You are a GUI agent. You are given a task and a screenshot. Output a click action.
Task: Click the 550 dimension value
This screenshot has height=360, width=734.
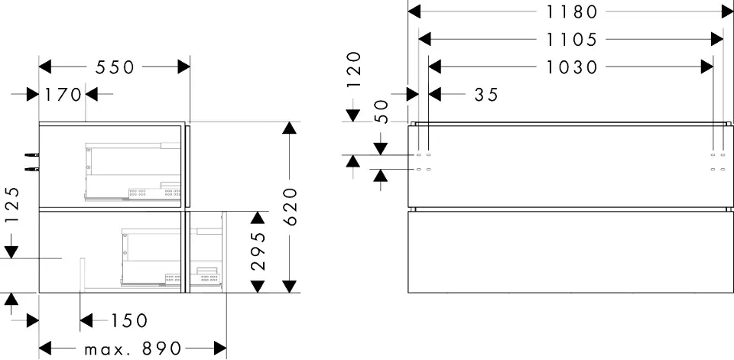pyautogui.click(x=115, y=67)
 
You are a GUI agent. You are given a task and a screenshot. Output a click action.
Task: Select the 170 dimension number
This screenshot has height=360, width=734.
pyautogui.click(x=63, y=95)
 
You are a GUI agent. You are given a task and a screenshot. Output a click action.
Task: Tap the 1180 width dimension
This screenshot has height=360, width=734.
pyautogui.click(x=567, y=11)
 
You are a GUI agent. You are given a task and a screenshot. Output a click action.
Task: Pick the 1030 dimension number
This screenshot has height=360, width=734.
pyautogui.click(x=572, y=67)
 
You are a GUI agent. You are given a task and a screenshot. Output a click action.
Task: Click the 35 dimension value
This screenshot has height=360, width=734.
pyautogui.click(x=486, y=95)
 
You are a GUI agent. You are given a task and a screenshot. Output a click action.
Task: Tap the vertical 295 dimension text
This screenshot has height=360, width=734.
pyautogui.click(x=258, y=251)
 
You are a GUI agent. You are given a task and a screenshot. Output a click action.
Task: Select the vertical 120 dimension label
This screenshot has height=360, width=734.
pyautogui.click(x=353, y=70)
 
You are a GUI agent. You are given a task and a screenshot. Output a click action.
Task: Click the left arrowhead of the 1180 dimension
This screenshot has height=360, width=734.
pyautogui.click(x=414, y=11)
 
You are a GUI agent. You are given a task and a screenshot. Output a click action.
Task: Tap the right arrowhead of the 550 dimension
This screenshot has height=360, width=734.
pyautogui.click(x=183, y=67)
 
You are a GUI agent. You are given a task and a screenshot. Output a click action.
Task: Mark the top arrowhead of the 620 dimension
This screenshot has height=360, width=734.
pyautogui.click(x=288, y=128)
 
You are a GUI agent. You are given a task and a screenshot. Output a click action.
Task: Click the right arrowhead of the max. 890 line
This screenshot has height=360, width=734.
pyautogui.click(x=221, y=349)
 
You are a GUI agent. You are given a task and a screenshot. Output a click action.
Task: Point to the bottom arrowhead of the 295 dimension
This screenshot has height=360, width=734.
pyautogui.click(x=258, y=286)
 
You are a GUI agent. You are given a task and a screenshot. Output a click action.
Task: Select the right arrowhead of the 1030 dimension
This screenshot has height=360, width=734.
pyautogui.click(x=707, y=67)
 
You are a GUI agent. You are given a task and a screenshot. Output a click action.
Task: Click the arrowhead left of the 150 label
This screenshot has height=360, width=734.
pyautogui.click(x=86, y=320)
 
